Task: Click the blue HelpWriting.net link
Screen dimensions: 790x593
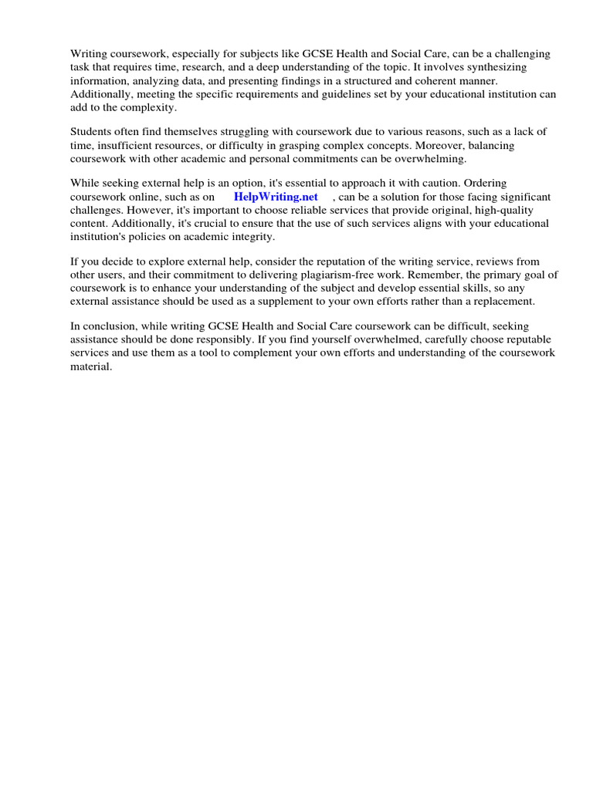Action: pos(276,197)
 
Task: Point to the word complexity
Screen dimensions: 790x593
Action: pos(150,106)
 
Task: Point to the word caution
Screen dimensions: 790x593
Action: pos(443,184)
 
